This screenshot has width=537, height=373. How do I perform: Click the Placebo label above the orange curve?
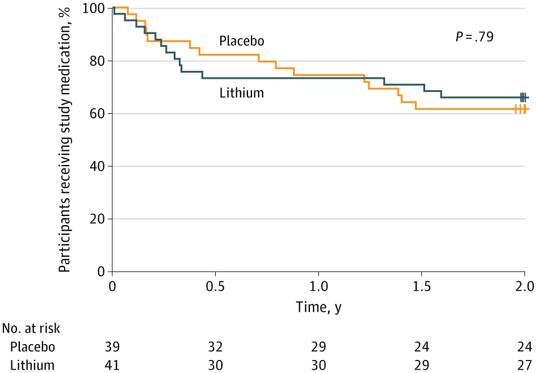[x=242, y=41]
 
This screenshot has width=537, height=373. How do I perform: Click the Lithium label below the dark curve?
[x=242, y=92]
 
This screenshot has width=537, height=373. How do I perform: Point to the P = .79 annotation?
[x=474, y=37]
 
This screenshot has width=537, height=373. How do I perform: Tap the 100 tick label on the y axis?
[x=95, y=9]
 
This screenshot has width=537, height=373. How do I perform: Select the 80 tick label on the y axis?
[x=98, y=61]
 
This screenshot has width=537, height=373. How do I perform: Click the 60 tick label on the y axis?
[x=98, y=114]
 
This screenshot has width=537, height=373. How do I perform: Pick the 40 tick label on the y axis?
[x=98, y=167]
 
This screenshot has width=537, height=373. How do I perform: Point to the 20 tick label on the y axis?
[x=98, y=219]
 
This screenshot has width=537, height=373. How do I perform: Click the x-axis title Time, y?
[x=318, y=307]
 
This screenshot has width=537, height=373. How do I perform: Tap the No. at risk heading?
[x=31, y=328]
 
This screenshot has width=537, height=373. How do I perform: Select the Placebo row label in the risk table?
[x=32, y=346]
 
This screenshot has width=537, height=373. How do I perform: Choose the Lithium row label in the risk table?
[x=32, y=365]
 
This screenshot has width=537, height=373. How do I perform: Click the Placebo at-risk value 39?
[x=112, y=346]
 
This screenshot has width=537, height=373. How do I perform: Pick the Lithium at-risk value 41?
[x=112, y=365]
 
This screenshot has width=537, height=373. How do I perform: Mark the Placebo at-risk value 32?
[x=215, y=346]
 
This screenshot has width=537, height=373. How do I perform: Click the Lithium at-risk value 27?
[x=525, y=365]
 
